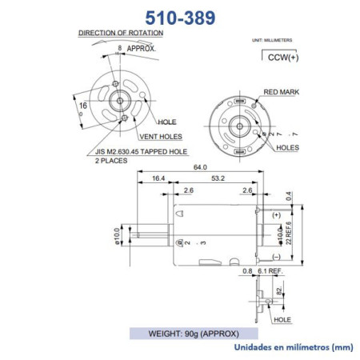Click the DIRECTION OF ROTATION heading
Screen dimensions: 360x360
click(121, 33)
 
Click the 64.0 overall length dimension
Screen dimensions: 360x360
click(200, 167)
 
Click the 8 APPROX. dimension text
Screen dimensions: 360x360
click(137, 49)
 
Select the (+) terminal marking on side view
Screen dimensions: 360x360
click(276, 215)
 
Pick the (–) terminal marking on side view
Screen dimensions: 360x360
click(276, 256)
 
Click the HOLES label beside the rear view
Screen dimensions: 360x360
click(288, 148)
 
